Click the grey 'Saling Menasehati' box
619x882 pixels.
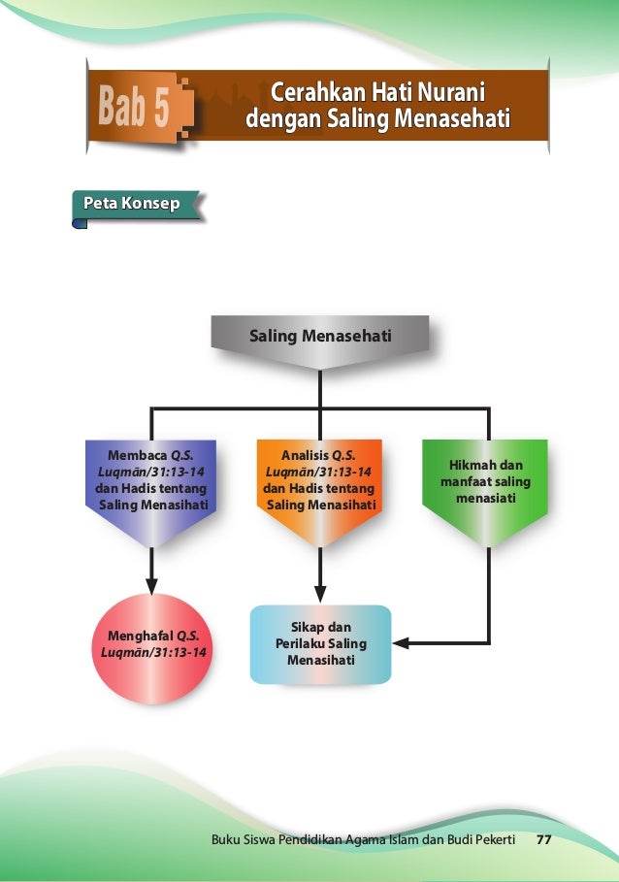(x=320, y=338)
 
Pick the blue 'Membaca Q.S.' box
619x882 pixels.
(x=151, y=479)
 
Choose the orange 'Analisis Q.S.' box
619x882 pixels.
(x=318, y=479)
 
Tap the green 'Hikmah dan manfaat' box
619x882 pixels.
(x=485, y=480)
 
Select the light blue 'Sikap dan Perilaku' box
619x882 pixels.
(x=320, y=643)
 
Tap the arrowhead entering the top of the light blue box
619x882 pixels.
(x=320, y=596)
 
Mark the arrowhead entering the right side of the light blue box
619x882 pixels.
(x=401, y=642)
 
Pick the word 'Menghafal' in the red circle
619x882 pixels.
(x=135, y=637)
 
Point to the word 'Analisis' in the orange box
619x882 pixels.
(x=304, y=454)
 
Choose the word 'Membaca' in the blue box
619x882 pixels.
(x=138, y=454)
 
